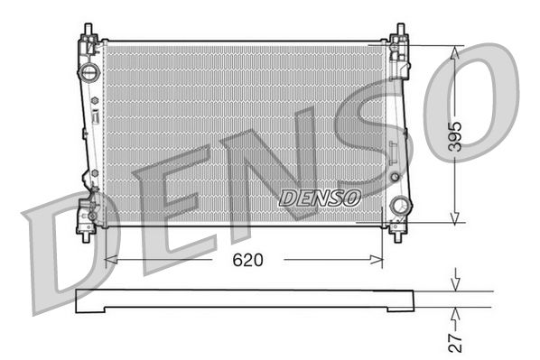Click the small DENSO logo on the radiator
tap(320, 196)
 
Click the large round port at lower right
tap(399, 207)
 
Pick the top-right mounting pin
tap(398, 32)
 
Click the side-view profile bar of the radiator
tap(244, 300)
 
